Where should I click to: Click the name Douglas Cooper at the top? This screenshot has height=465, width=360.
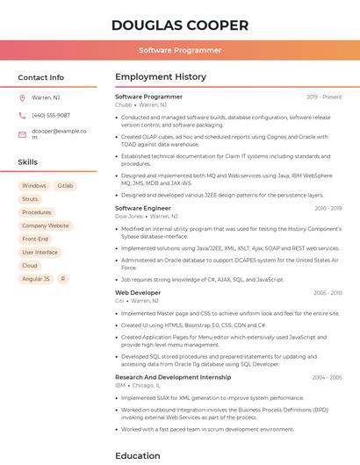pyautogui.click(x=180, y=25)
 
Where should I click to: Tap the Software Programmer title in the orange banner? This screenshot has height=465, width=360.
pyautogui.click(x=180, y=50)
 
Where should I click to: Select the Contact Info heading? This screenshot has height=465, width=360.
pyautogui.click(x=41, y=77)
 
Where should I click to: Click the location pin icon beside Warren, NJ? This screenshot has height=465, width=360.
pyautogui.click(x=22, y=98)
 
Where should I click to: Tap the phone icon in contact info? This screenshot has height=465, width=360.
pyautogui.click(x=22, y=115)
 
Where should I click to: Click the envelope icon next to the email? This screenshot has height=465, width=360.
pyautogui.click(x=22, y=134)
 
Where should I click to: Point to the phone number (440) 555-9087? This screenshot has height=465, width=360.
pyautogui.click(x=51, y=115)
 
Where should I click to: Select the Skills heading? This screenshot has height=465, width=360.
pyautogui.click(x=28, y=162)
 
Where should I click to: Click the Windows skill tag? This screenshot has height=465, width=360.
pyautogui.click(x=34, y=186)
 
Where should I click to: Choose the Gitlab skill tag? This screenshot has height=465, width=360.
pyautogui.click(x=65, y=186)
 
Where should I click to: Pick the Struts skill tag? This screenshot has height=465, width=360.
pyautogui.click(x=30, y=199)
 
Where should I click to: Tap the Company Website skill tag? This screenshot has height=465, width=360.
pyautogui.click(x=46, y=225)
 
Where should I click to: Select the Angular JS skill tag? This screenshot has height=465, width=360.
pyautogui.click(x=35, y=278)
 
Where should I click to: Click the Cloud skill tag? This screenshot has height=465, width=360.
pyautogui.click(x=30, y=265)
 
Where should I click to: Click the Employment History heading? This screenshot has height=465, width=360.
pyautogui.click(x=161, y=77)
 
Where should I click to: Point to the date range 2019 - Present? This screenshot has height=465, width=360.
pyautogui.click(x=324, y=97)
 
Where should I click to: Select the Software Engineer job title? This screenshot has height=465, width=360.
pyautogui.click(x=143, y=208)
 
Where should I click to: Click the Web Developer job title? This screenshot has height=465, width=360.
pyautogui.click(x=138, y=292)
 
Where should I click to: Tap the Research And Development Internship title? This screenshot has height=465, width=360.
pyautogui.click(x=173, y=377)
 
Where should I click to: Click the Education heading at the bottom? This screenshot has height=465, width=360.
pyautogui.click(x=138, y=455)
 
